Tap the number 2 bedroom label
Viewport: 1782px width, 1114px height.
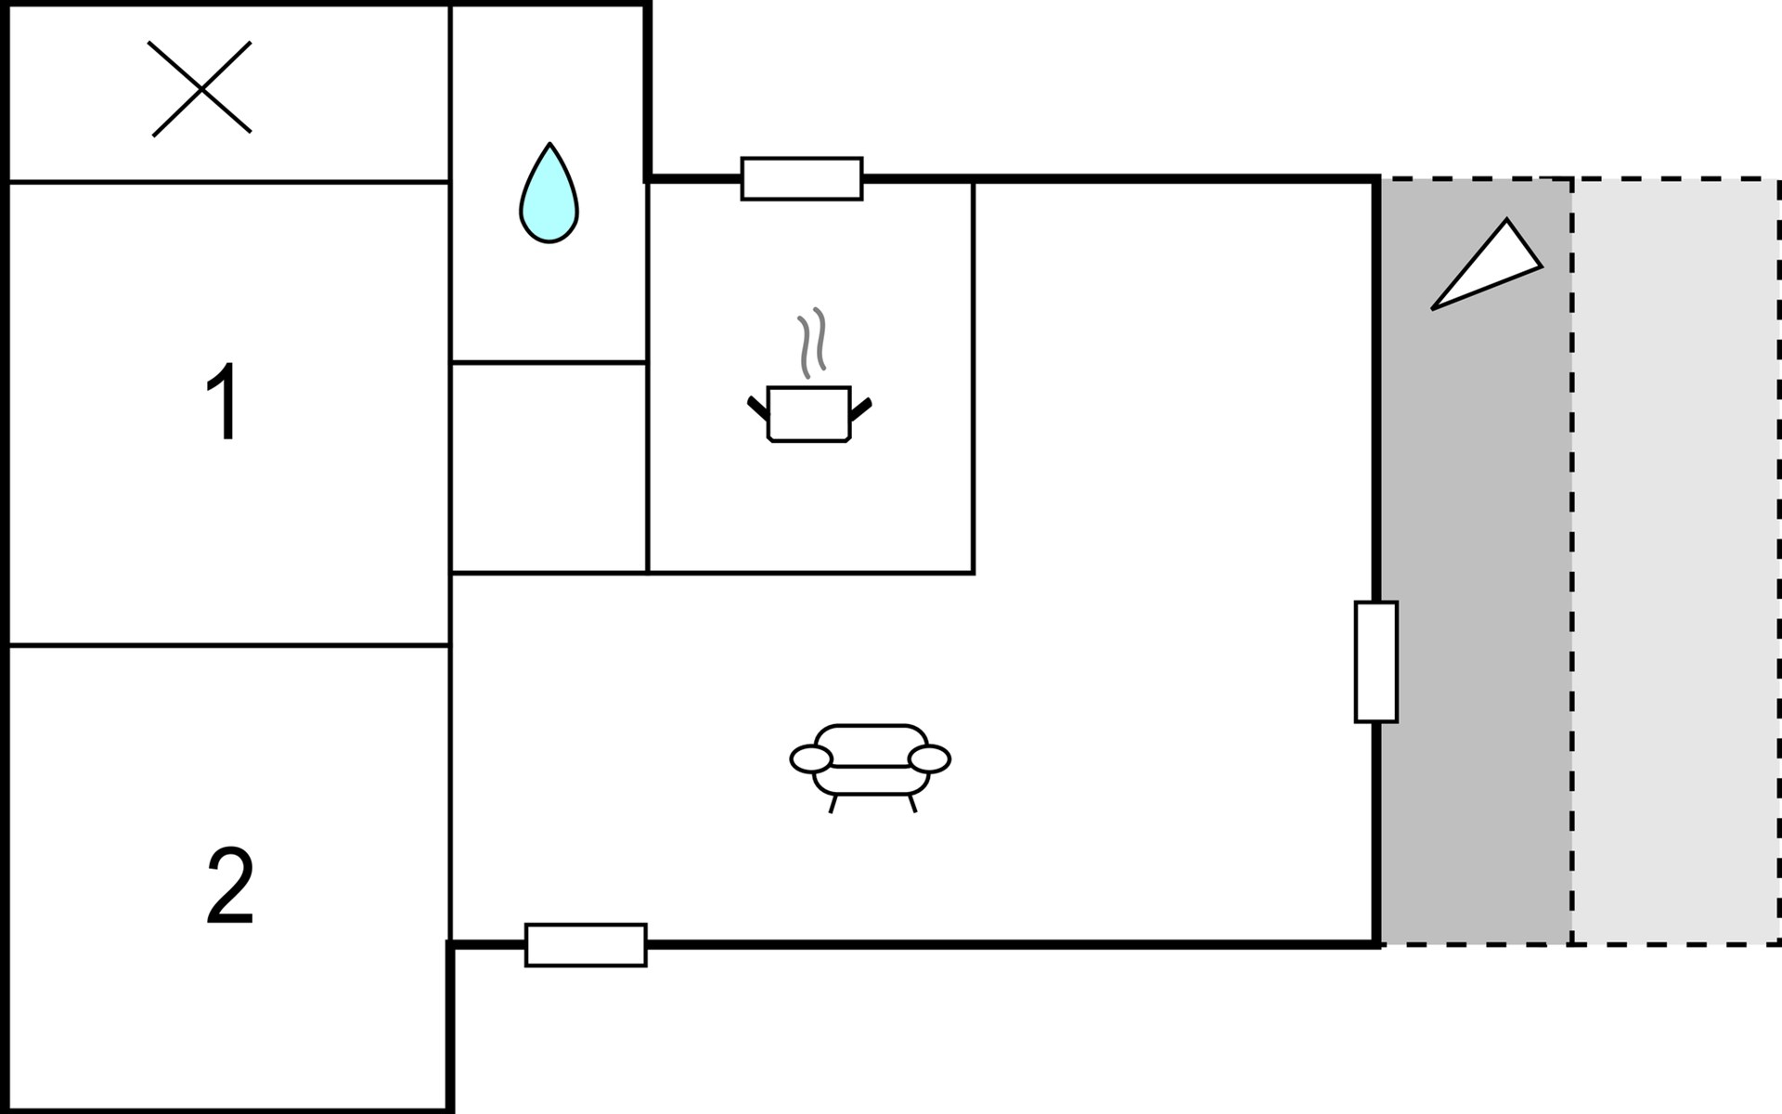coord(230,886)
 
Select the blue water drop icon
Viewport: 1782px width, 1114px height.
coord(549,193)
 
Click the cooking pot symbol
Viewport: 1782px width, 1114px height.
coord(809,413)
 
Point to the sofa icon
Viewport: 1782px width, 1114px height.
coord(870,767)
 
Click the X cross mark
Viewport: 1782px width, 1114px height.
coord(200,88)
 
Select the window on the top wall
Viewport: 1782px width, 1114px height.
coord(802,178)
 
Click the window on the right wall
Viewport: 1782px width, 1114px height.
coord(1375,662)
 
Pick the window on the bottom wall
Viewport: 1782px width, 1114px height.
coord(586,945)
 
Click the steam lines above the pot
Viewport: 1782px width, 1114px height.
coord(811,343)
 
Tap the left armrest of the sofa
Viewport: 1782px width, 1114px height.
coord(811,759)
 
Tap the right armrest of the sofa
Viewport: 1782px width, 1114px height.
coord(929,759)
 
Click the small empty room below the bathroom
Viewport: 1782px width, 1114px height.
coord(549,467)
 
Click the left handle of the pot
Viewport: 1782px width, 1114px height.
coord(758,408)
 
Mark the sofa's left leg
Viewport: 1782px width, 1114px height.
coord(833,804)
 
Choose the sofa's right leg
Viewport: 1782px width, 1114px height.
coord(912,804)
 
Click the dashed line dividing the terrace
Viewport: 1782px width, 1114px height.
coord(1572,562)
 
